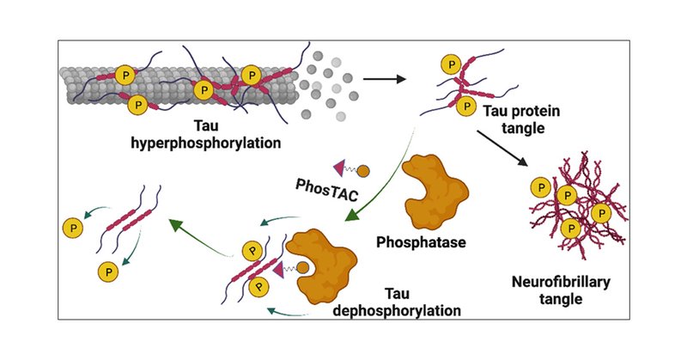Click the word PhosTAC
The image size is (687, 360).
327,189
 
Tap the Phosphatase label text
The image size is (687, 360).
421,242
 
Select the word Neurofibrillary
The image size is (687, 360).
561,282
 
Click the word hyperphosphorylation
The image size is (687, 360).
206,143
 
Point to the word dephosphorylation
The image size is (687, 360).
397,310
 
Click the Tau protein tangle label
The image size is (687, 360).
522,119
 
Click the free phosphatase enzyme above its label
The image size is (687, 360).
435,192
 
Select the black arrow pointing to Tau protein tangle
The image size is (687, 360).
384,79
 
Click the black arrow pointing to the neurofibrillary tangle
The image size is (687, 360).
502,148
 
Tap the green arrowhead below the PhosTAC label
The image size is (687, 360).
352,214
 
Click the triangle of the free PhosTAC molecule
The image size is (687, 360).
339,168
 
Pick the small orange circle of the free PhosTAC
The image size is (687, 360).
363,171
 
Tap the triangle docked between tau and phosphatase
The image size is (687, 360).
278,268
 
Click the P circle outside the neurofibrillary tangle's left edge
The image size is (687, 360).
541,188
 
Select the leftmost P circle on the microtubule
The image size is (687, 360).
125,76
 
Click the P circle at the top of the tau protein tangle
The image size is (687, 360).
451,65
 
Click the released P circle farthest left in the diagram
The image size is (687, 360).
73,228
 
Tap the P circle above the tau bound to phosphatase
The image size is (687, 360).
252,250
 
